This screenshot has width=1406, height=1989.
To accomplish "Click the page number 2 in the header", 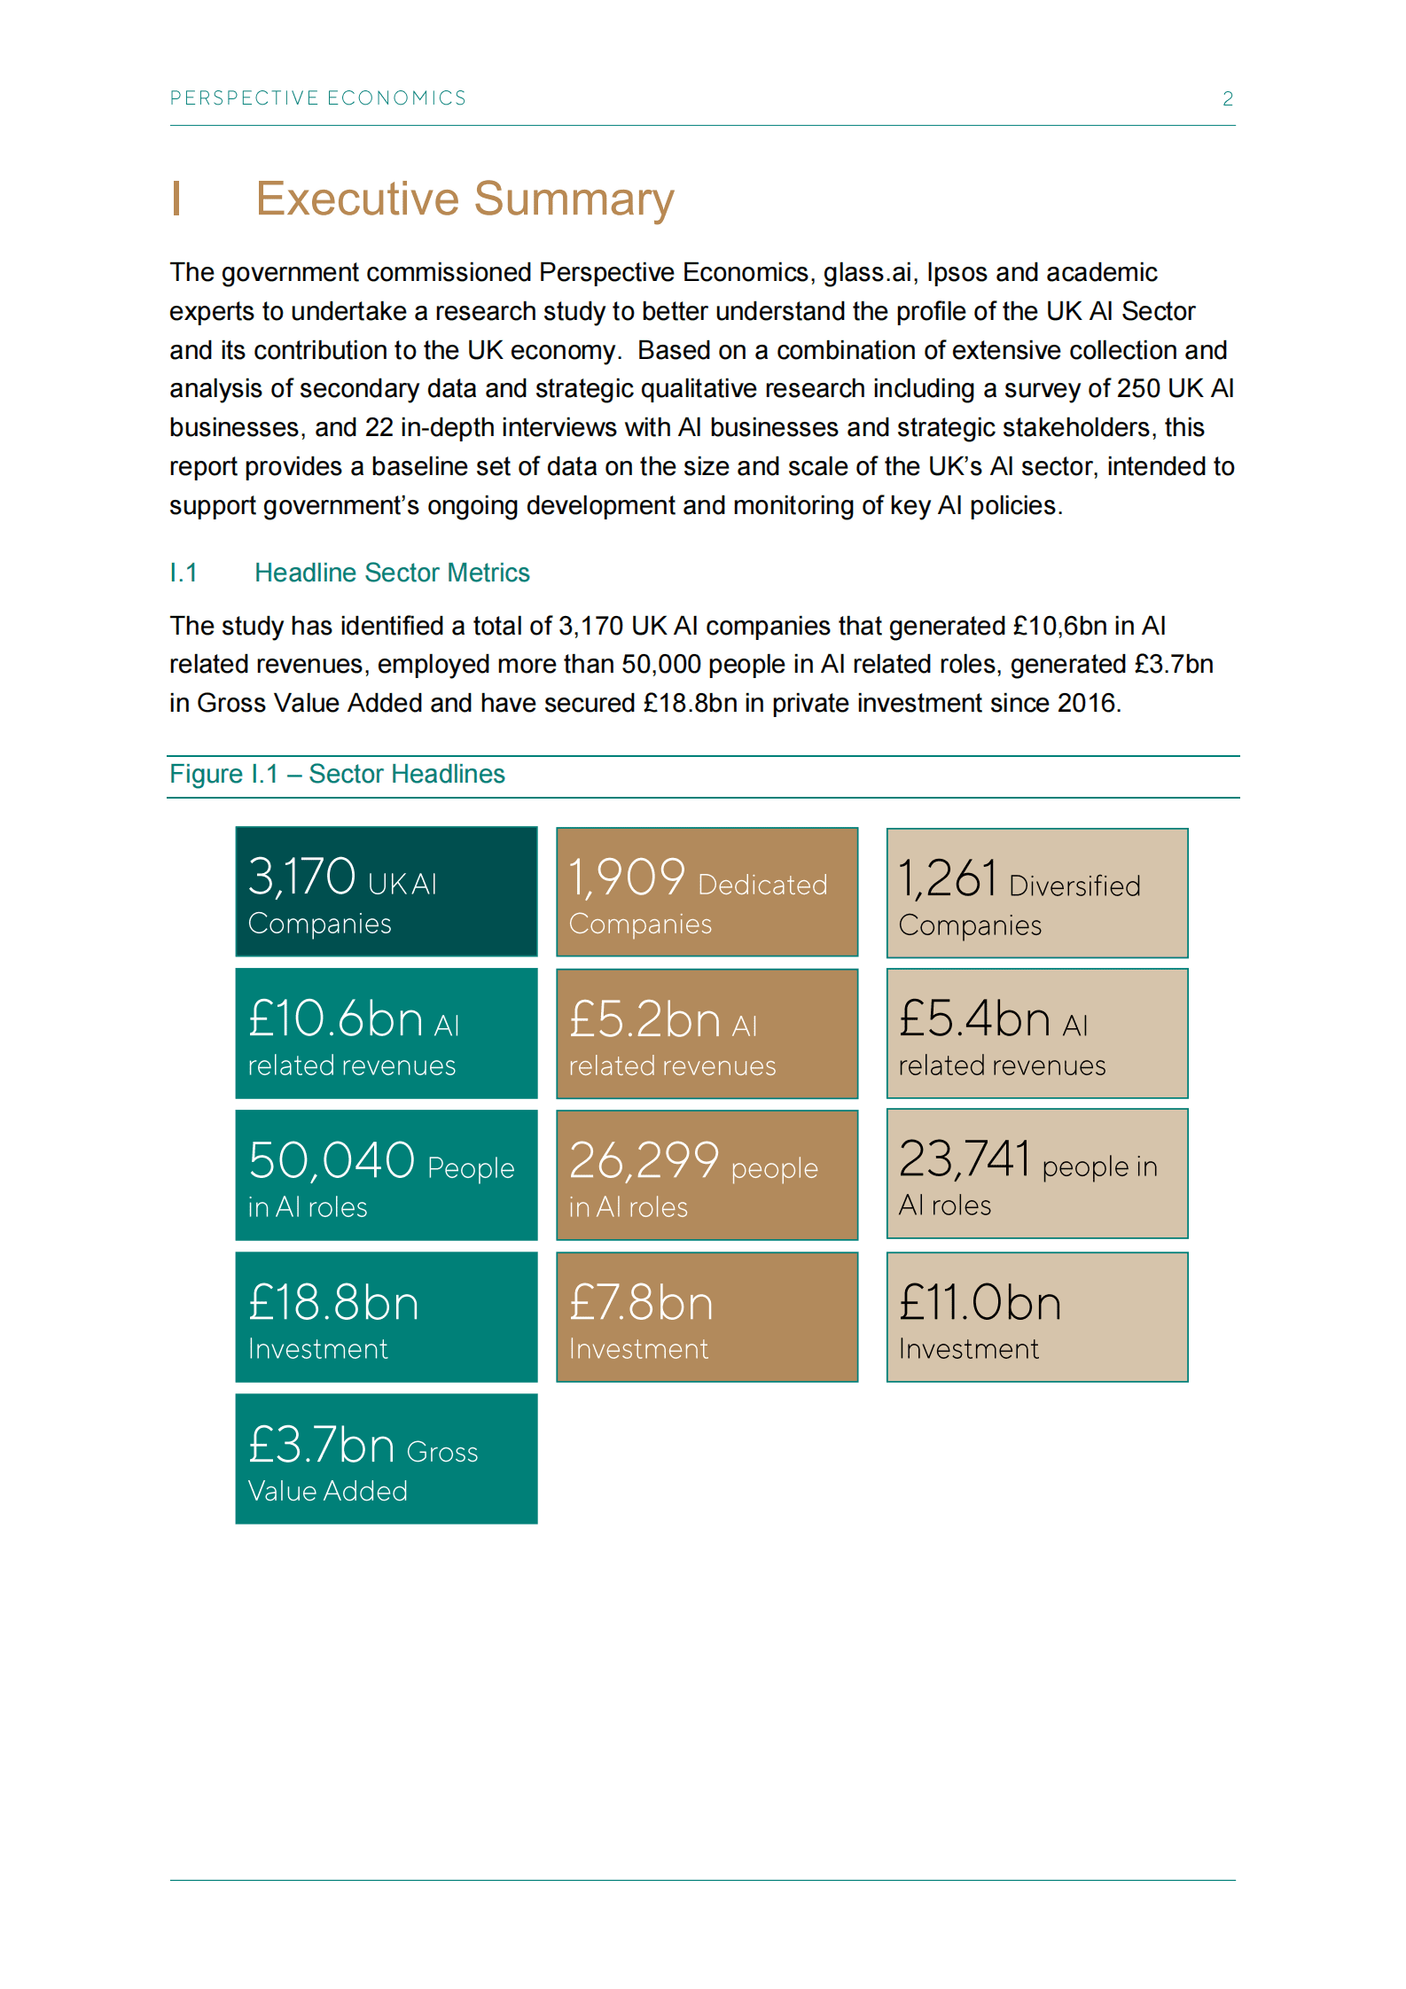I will [1227, 99].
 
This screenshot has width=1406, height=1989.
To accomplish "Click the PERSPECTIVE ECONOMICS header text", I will [318, 98].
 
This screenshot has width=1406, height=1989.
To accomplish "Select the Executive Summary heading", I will [465, 199].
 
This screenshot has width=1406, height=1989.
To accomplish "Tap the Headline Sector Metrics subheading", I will [392, 573].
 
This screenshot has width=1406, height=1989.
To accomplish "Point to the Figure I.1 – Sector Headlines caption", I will [337, 775].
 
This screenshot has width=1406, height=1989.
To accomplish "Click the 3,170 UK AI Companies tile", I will [387, 892].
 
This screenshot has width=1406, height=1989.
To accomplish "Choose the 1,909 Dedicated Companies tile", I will [707, 893].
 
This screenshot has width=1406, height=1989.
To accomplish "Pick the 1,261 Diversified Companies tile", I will [1037, 893].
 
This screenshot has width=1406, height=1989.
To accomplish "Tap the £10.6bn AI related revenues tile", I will [387, 1033].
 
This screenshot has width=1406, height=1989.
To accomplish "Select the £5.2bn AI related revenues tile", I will [707, 1034].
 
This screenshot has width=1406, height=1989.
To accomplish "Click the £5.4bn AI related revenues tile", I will [1037, 1033].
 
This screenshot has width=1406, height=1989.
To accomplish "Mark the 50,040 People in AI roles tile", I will [387, 1175].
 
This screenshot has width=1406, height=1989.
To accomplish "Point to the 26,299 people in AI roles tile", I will [707, 1175].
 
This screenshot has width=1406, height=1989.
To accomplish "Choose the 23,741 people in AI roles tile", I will [1037, 1174].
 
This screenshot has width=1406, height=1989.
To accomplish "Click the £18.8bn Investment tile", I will [387, 1317].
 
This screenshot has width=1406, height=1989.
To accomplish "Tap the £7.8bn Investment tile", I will [707, 1317].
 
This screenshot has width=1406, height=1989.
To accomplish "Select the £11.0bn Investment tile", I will [1037, 1317].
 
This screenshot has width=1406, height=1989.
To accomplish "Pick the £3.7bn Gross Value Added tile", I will [387, 1459].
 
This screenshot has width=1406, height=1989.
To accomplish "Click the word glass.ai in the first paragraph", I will [867, 273].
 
